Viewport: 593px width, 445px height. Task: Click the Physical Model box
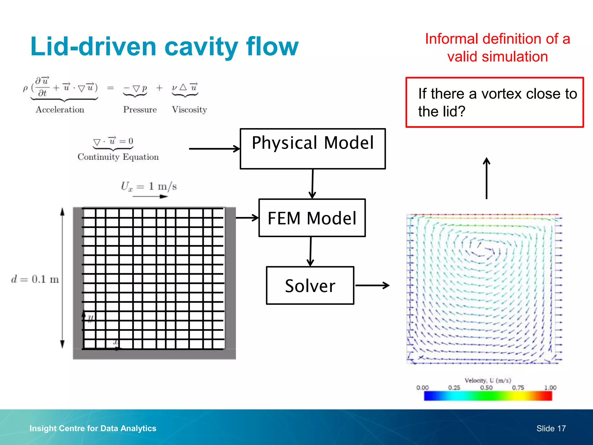pos(313,149)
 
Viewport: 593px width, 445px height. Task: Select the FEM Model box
pos(312,218)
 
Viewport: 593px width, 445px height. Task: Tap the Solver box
pos(310,285)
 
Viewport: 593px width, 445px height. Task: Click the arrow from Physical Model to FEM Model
pos(312,184)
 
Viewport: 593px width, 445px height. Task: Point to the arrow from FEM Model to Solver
pos(310,251)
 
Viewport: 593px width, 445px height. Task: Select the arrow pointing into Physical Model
pos(214,149)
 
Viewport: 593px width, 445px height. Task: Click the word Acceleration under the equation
pos(60,110)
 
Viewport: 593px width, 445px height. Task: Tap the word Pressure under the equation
pos(140,110)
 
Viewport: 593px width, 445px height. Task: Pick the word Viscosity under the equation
pos(189,110)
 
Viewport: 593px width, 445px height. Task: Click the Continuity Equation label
pos(118,157)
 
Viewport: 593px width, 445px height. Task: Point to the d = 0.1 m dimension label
pos(35,279)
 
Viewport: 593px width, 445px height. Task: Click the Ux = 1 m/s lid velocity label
pos(149,186)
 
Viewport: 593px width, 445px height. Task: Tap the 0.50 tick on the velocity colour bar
pos(486,388)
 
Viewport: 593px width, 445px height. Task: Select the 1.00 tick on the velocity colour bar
pos(550,388)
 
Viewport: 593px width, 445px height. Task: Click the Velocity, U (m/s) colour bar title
pos(488,380)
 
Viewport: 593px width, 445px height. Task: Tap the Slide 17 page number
pos(551,428)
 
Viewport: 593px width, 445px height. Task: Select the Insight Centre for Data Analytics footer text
pos(93,428)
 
